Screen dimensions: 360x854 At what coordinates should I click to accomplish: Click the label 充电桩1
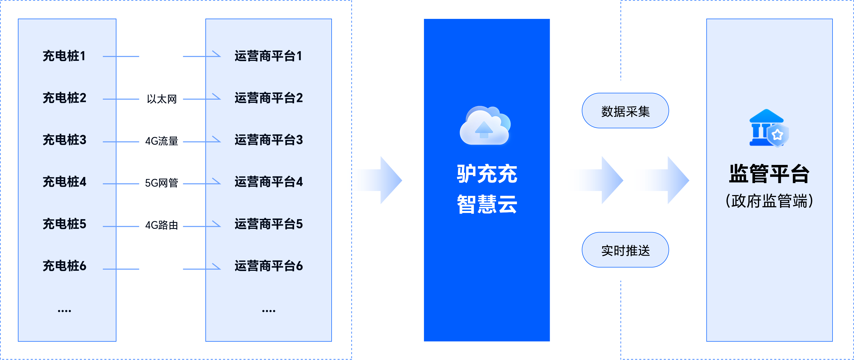[x=64, y=56]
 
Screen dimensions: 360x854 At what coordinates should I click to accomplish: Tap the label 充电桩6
[x=64, y=266]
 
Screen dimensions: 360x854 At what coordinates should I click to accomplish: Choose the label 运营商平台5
[x=268, y=224]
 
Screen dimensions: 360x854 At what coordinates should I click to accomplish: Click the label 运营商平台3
[x=268, y=140]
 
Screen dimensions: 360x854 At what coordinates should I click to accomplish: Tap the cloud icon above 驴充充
[x=485, y=126]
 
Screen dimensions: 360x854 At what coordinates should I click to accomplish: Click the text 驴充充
[x=487, y=174]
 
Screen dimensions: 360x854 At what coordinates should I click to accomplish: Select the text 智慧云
[x=487, y=204]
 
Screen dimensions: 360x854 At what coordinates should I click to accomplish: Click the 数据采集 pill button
[x=625, y=111]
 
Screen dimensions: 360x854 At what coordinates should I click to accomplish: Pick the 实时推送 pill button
[x=625, y=250]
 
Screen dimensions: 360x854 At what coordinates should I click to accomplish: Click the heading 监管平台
[x=769, y=174]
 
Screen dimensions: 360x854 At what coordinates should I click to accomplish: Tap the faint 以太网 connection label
[x=161, y=99]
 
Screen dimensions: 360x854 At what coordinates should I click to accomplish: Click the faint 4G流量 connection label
[x=161, y=141]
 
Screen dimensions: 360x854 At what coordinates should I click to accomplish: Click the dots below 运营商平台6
[x=268, y=311]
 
